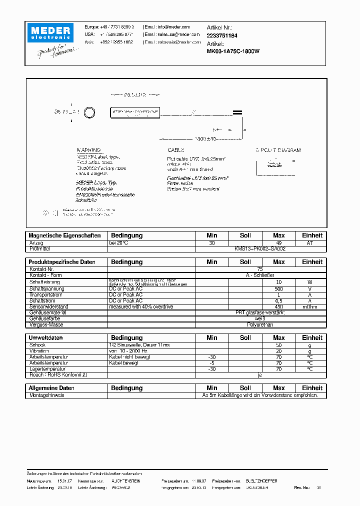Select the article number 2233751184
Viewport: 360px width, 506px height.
pos(222,36)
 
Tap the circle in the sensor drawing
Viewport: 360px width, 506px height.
pos(89,112)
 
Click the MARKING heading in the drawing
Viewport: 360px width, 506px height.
pos(88,150)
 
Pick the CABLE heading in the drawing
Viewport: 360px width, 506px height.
pos(175,150)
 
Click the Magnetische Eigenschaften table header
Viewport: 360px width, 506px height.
pos(65,235)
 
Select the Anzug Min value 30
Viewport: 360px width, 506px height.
pos(212,243)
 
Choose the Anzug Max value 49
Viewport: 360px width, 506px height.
pos(279,243)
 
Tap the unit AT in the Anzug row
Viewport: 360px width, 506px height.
pos(310,243)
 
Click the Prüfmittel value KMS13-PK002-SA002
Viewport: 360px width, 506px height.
pos(260,248)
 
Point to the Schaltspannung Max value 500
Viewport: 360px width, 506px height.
pos(279,289)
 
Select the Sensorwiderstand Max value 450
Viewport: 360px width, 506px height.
pos(279,306)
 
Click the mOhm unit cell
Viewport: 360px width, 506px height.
pos(310,306)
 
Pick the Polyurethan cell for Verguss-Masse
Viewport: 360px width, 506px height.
pos(260,324)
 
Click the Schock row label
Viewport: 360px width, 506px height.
pos(37,345)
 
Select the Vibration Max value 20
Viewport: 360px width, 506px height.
pos(279,351)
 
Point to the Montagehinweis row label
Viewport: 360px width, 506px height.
pos(47,395)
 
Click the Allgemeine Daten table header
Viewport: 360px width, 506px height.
pos(52,388)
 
